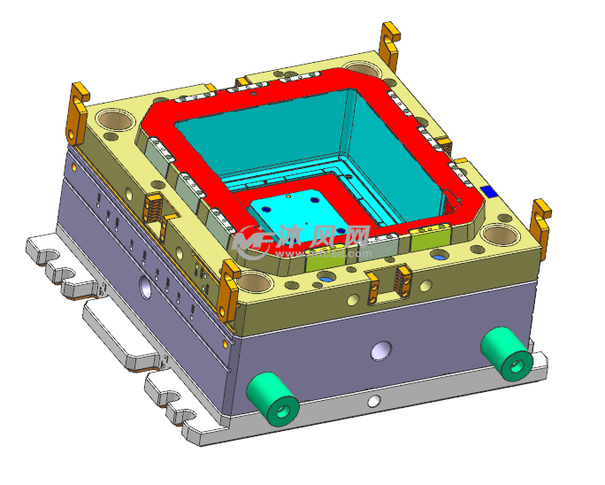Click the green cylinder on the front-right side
pyautogui.click(x=506, y=352)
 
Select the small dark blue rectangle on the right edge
pyautogui.click(x=486, y=190)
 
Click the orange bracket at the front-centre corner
pyautogui.click(x=230, y=285)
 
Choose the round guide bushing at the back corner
pyautogui.click(x=359, y=68)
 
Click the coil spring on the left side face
pyautogui.click(x=153, y=209)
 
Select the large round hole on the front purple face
pyautogui.click(x=381, y=350)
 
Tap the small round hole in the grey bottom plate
pyautogui.click(x=374, y=401)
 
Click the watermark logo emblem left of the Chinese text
pyautogui.click(x=253, y=237)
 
